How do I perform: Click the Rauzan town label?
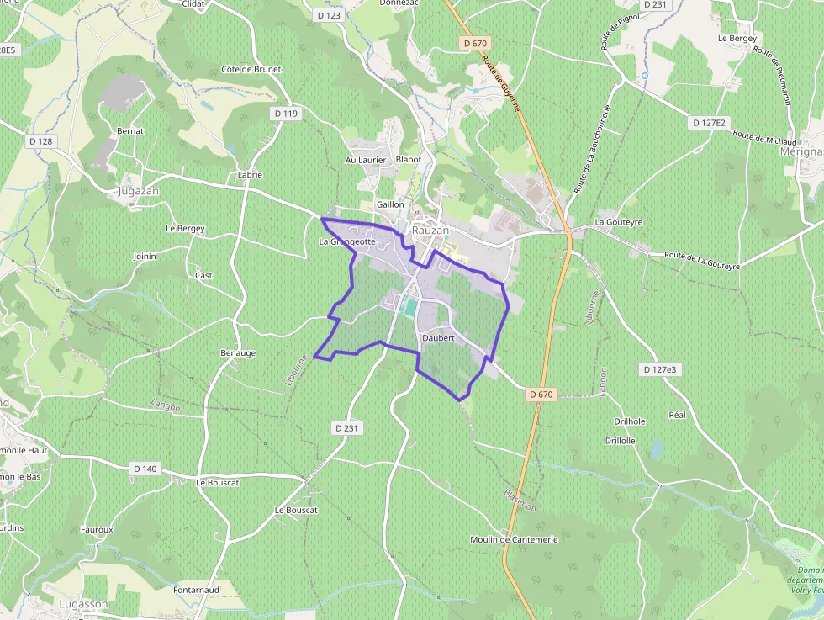[x=430, y=230]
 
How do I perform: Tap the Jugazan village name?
[x=138, y=191]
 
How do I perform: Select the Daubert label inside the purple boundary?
[x=438, y=338]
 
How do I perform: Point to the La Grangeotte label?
[x=346, y=241]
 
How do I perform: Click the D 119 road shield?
[x=286, y=114]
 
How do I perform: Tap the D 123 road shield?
[x=330, y=15]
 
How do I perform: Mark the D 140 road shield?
[x=145, y=469]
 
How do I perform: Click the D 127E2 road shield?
[x=708, y=123]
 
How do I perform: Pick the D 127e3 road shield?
[x=659, y=369]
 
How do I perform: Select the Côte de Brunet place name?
[x=251, y=69]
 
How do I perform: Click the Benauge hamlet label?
[x=237, y=352]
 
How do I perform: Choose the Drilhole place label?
[x=630, y=421]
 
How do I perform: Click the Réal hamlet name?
[x=677, y=415]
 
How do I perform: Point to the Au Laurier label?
[x=366, y=160]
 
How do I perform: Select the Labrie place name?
[x=250, y=175]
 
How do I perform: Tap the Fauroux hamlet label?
[x=97, y=529]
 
